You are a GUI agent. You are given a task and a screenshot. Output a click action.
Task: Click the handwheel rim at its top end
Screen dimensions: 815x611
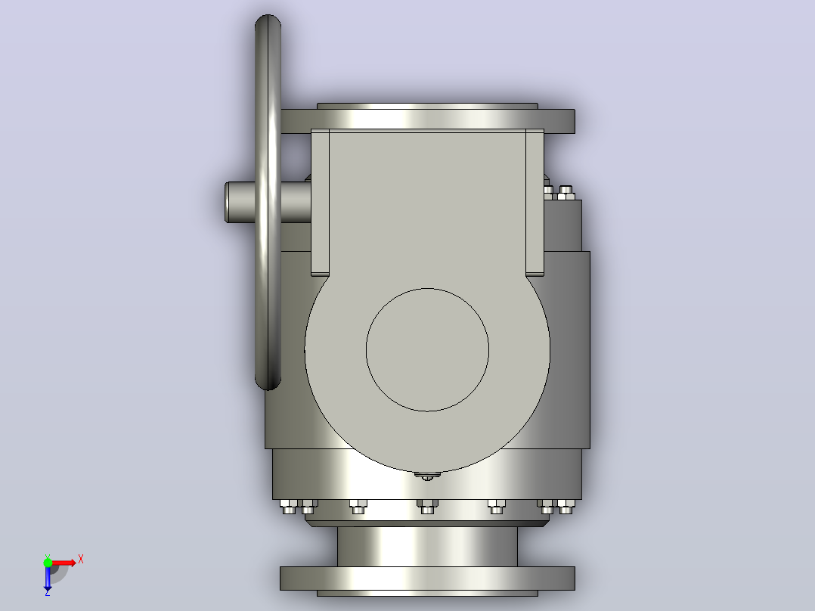[268, 19]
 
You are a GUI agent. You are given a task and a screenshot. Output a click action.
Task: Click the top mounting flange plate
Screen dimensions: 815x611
[427, 121]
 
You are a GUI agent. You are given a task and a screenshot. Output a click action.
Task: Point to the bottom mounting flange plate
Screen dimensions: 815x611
[427, 578]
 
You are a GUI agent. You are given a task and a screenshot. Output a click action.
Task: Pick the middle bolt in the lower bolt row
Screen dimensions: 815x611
[427, 507]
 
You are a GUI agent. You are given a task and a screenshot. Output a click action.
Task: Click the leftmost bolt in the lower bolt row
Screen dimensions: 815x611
[289, 507]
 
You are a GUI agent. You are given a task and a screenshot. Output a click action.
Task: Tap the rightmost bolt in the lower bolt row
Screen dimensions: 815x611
[566, 507]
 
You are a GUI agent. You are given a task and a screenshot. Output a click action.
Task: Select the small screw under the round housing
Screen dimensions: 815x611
[426, 476]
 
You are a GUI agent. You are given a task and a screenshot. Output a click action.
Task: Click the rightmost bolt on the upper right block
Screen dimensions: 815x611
[566, 192]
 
